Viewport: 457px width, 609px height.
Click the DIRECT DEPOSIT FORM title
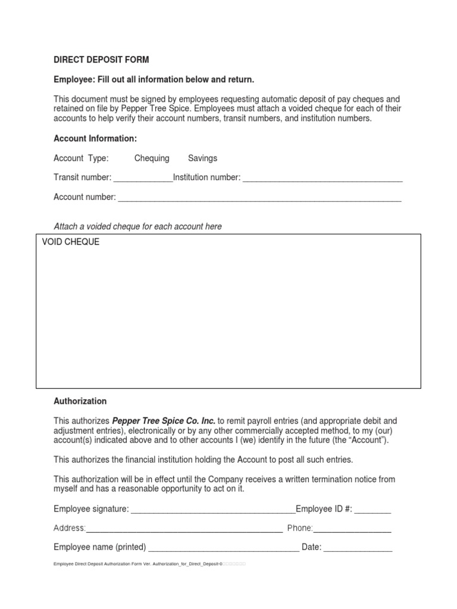(101, 60)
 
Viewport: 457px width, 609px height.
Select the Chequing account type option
(152, 158)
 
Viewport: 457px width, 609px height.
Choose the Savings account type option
(202, 158)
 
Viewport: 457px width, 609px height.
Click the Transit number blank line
(143, 178)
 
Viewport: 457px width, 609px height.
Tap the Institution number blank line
(323, 178)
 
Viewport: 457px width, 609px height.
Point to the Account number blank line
(259, 197)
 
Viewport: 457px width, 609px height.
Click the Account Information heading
(95, 139)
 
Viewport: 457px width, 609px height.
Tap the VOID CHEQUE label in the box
(71, 243)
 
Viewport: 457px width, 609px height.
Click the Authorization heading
(80, 401)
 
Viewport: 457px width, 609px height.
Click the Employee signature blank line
(212, 510)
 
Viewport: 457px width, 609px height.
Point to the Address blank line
(184, 529)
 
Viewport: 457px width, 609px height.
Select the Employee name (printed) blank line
(223, 548)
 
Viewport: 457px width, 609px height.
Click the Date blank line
(358, 548)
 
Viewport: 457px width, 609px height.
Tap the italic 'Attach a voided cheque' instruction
(137, 227)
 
